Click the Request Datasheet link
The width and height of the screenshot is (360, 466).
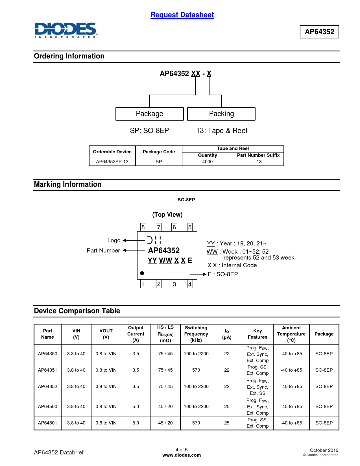pos(182,15)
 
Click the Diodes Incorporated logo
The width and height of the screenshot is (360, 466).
pos(66,30)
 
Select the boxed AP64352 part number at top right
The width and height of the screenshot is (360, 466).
pos(319,32)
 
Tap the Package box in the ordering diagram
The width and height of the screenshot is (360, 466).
pos(149,114)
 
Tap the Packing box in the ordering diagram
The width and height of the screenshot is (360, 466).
pos(221,114)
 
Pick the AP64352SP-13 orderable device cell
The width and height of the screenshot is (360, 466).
pos(112,162)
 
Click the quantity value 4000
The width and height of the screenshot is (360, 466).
pos(207,162)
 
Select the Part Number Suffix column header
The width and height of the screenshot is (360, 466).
pos(258,155)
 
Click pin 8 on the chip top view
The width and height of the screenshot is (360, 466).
pos(143,227)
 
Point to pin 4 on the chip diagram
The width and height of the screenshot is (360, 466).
pos(190,284)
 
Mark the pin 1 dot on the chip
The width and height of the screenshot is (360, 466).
pos(142,273)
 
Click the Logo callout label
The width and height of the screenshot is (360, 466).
pos(114,240)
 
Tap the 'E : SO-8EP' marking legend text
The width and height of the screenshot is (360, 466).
pos(223,274)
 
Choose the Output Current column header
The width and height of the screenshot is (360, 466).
pos(136,334)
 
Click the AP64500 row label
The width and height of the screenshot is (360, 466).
pos(47,407)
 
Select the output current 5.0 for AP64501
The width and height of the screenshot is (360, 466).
pos(136,423)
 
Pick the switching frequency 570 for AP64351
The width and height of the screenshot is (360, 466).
pos(196,370)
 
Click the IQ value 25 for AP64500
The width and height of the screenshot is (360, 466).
pos(227,407)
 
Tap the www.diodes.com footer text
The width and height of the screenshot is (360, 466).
pos(182,455)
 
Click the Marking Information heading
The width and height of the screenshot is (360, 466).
pos(68,184)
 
